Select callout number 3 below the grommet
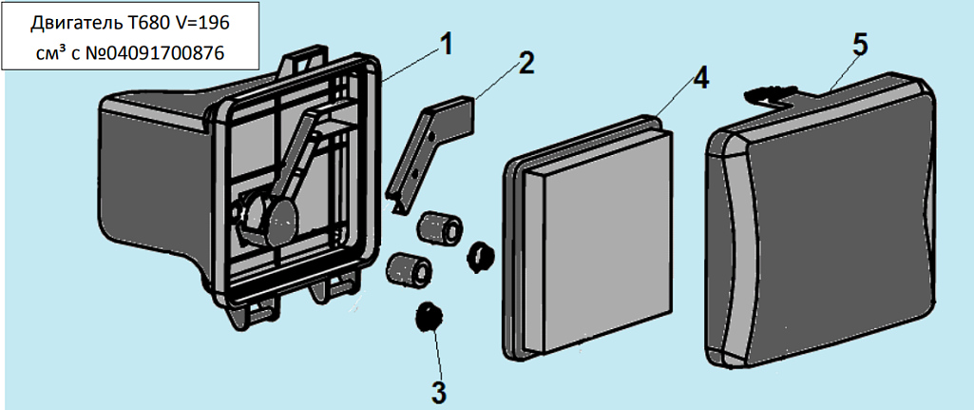click(x=438, y=389)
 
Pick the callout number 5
click(x=859, y=44)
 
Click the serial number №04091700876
click(x=152, y=53)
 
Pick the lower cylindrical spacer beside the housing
click(x=407, y=268)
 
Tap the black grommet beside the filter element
click(x=481, y=254)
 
